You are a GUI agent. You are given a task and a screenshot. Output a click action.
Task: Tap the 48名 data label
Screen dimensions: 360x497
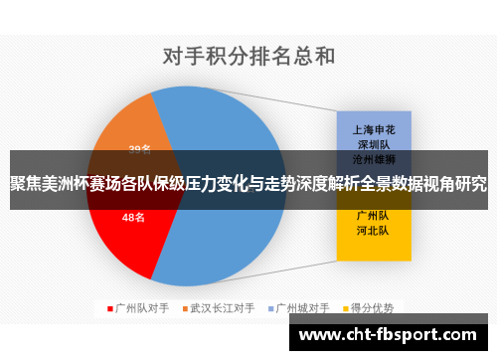pos(133,216)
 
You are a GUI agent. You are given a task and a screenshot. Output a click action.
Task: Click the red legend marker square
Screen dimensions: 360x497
pos(110,308)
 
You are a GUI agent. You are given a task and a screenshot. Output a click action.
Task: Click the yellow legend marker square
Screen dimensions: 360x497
pos(348,308)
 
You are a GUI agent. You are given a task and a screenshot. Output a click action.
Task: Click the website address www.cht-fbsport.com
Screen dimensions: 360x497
pos(393,336)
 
